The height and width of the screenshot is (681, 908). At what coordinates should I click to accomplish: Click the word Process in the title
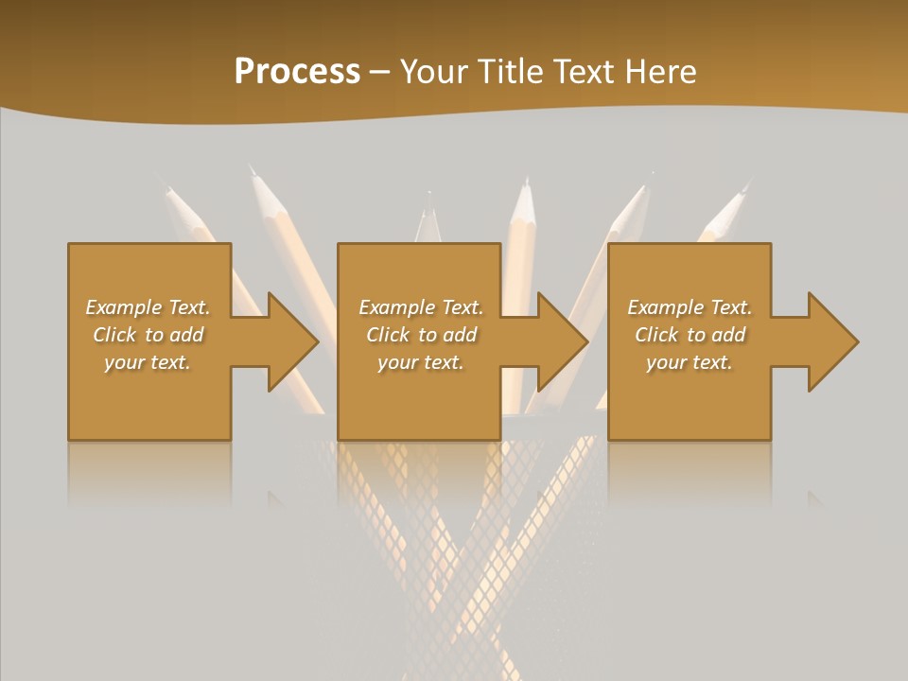tap(297, 72)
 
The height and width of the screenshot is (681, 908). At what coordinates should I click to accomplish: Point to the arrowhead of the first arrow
tap(293, 341)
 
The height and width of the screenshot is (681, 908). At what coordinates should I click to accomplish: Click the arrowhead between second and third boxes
tap(563, 341)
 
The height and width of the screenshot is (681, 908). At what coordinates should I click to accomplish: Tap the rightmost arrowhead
tap(833, 341)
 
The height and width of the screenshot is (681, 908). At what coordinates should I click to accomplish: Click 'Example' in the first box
tap(124, 307)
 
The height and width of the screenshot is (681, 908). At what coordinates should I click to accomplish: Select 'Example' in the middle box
tap(397, 307)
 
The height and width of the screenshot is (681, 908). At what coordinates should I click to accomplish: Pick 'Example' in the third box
tap(666, 307)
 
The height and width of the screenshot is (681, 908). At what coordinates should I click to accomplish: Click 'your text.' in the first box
tap(148, 362)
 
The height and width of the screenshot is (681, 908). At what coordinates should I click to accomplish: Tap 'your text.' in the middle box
tap(420, 362)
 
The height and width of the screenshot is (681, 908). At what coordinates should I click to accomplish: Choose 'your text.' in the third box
tap(689, 362)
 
